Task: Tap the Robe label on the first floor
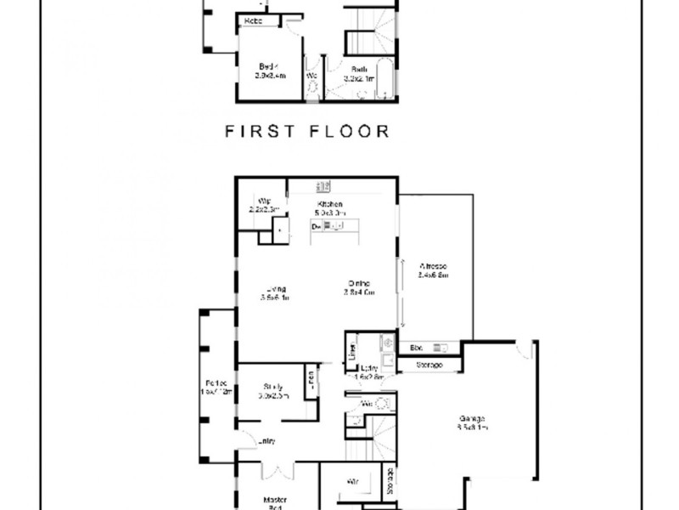(253, 20)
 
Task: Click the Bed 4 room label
(269, 71)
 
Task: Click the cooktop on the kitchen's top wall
(323, 184)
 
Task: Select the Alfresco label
(433, 269)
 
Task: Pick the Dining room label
(360, 287)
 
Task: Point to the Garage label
(472, 423)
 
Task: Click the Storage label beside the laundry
(428, 365)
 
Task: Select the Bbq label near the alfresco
(416, 348)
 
